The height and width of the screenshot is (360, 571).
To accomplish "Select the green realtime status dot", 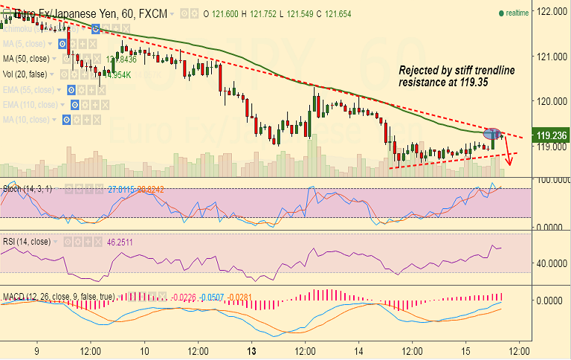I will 502,13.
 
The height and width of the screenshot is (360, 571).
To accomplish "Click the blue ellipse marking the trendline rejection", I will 493,134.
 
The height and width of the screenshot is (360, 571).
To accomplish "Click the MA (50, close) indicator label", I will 27,59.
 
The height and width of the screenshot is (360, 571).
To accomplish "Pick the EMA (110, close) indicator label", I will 31,104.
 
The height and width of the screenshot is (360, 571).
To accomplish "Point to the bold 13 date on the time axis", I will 252,350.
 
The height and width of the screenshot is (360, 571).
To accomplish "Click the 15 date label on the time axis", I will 464,350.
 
